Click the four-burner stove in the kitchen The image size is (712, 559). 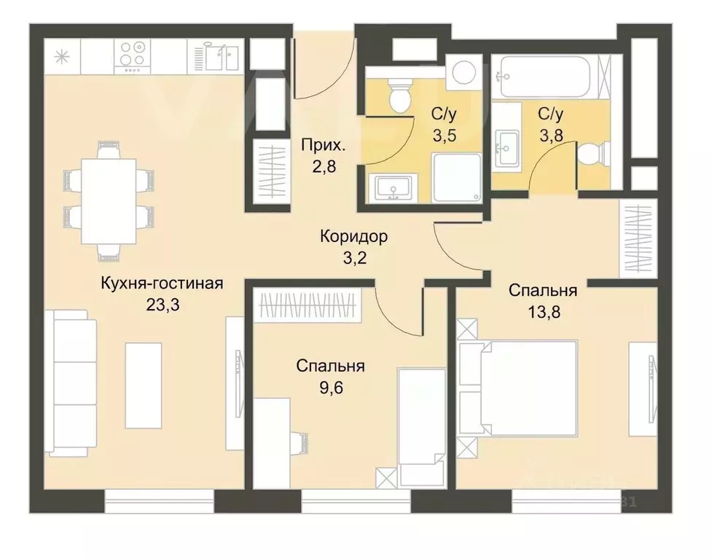133,55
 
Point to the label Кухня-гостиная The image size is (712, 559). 160,284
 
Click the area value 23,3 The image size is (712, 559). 162,304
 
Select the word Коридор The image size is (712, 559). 353,237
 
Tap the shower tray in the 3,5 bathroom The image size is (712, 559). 456,178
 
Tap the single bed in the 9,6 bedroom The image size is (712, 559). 420,426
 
